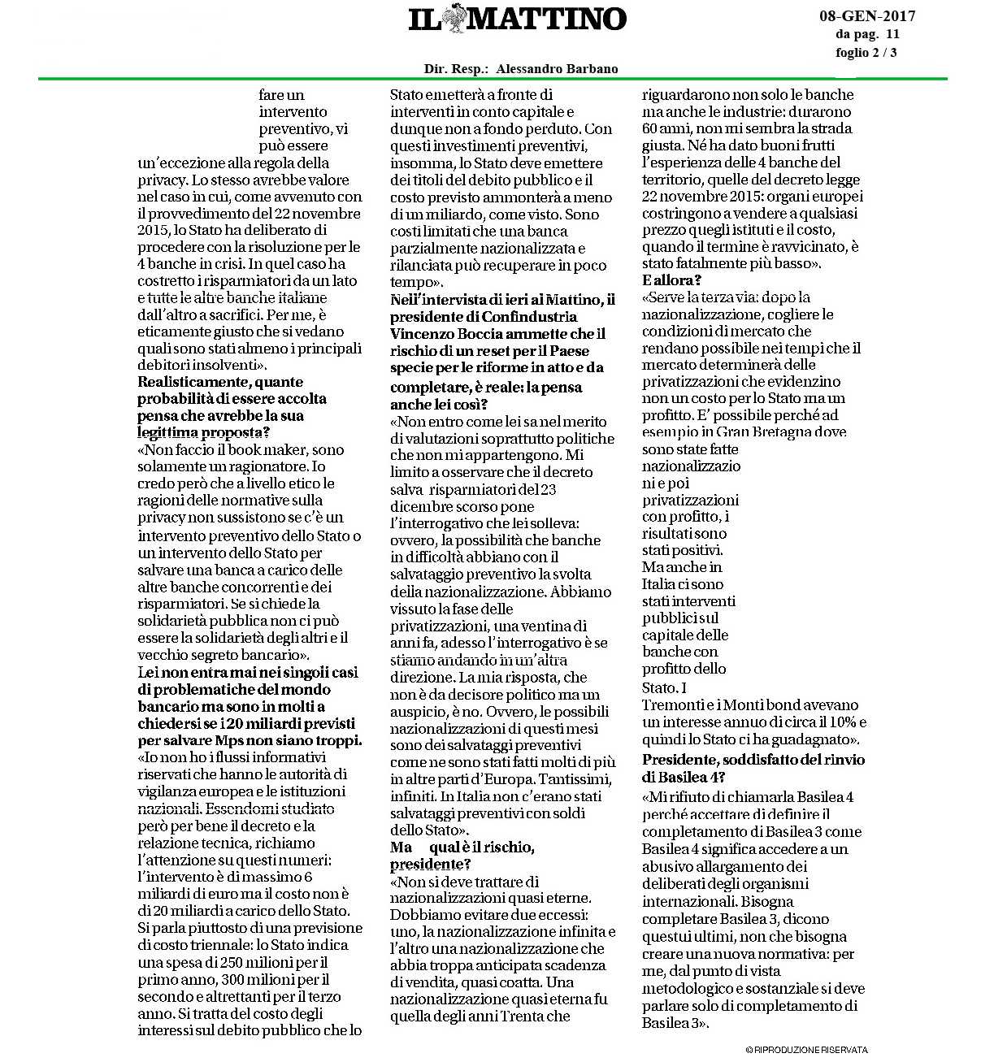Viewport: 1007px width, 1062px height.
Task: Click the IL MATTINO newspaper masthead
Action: (x=517, y=20)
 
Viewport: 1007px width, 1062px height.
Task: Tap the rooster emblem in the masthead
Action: (x=457, y=20)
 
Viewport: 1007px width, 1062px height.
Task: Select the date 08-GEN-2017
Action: (x=866, y=16)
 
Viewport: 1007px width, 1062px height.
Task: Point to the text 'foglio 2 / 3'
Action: (x=866, y=53)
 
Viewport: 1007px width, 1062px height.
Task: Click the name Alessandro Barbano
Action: (x=557, y=69)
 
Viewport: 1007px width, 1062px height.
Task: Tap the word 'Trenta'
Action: (x=546, y=1016)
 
